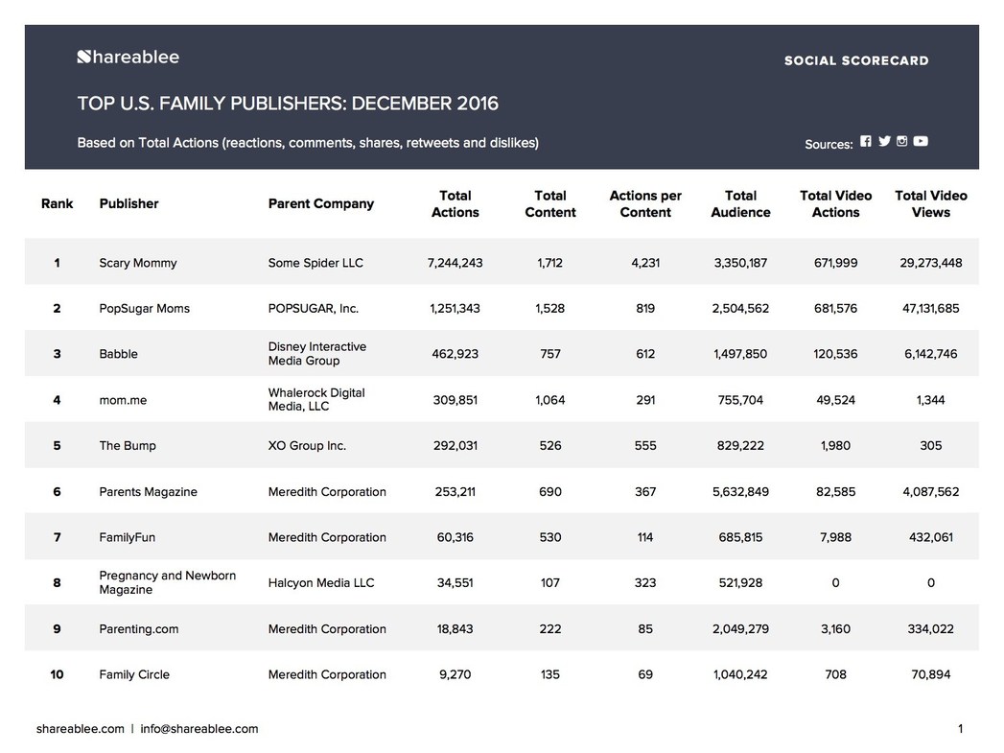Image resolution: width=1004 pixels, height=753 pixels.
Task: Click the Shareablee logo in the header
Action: (x=128, y=57)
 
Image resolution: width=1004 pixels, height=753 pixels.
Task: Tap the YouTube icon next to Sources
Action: (x=921, y=141)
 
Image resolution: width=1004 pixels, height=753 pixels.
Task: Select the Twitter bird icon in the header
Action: (x=884, y=141)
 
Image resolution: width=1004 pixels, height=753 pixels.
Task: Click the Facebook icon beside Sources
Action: (x=866, y=141)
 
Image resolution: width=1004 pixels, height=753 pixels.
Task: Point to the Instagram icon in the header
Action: (x=901, y=141)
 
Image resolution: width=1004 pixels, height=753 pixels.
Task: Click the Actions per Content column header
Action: (x=644, y=203)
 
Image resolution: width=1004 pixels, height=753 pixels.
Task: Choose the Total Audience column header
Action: (x=740, y=203)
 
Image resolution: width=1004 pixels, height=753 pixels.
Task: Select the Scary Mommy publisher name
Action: (x=138, y=263)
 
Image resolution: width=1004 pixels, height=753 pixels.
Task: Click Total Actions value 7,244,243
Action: (x=455, y=263)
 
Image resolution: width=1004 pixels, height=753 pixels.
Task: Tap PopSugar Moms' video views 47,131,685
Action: (x=930, y=308)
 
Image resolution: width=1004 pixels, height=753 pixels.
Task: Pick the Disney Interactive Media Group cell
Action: (x=317, y=353)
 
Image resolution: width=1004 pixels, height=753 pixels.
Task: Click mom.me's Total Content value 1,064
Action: (x=550, y=400)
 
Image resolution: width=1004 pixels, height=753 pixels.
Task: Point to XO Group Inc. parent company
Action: (x=307, y=446)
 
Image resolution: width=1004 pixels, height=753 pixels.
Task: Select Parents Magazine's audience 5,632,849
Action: (x=740, y=492)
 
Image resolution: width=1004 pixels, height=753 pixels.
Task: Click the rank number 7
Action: (x=57, y=537)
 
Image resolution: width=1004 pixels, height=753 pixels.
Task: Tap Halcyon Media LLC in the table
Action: (x=321, y=582)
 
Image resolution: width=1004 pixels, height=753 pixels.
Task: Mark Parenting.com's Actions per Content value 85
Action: (x=644, y=629)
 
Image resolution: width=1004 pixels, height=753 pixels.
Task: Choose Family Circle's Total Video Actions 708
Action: (x=835, y=674)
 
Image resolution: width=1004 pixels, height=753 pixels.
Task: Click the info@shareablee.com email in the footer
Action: (x=199, y=729)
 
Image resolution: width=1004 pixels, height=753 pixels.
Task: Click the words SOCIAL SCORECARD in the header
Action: (x=856, y=60)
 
